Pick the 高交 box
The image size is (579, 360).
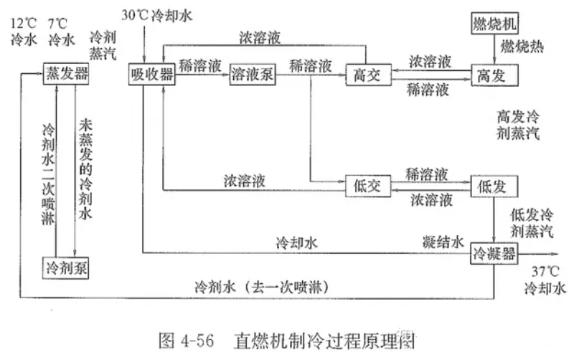click(366, 75)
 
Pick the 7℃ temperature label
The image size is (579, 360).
click(59, 24)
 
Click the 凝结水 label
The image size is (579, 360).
click(442, 242)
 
